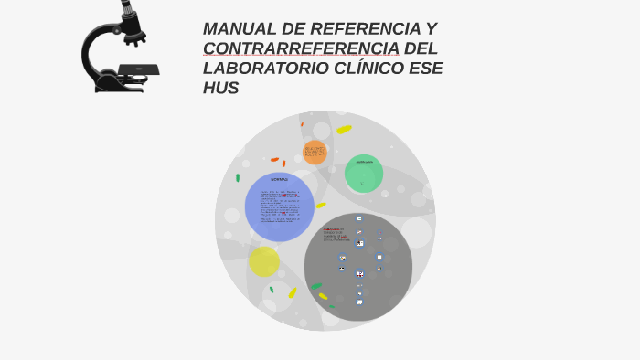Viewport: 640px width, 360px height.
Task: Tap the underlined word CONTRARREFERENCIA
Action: (x=301, y=48)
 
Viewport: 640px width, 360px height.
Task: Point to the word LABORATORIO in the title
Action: (x=268, y=69)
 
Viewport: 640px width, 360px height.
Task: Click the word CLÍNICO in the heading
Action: (x=372, y=69)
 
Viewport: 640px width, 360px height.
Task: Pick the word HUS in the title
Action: (x=220, y=89)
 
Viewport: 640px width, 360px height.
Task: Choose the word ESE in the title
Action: (x=426, y=69)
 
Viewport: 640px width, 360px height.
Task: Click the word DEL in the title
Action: (x=421, y=48)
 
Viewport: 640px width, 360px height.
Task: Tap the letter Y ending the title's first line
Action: (x=431, y=28)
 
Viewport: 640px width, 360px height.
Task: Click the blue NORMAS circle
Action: (x=279, y=207)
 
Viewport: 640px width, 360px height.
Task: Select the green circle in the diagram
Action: (x=364, y=174)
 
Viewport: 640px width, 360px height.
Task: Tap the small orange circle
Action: (x=315, y=152)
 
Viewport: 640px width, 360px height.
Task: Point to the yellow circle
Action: (x=263, y=261)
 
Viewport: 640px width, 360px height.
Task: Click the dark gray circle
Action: (x=358, y=267)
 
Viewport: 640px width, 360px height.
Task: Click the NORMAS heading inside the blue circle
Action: (x=279, y=179)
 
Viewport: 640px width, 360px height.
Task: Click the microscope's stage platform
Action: (x=138, y=69)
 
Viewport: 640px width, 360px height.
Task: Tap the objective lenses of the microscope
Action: (x=135, y=37)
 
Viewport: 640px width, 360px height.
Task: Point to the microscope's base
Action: (x=119, y=85)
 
